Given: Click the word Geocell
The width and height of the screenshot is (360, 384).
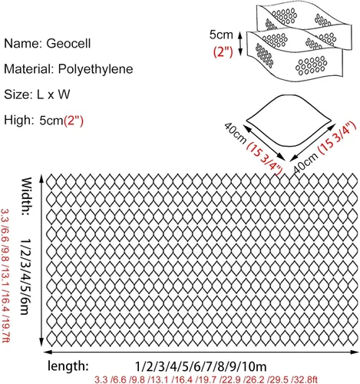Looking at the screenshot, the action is (68, 43).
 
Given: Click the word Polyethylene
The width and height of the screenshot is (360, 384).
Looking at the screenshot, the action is (96, 69).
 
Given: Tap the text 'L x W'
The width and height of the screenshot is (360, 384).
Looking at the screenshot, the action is (53, 94).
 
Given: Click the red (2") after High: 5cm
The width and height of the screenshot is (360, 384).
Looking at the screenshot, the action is (74, 121).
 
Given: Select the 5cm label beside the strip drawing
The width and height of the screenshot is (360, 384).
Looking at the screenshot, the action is (221, 35).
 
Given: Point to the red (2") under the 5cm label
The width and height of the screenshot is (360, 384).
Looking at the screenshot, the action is (223, 52).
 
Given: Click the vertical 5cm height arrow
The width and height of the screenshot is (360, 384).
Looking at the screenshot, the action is (240, 43).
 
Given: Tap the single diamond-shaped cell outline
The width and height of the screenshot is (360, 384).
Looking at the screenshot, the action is (289, 121).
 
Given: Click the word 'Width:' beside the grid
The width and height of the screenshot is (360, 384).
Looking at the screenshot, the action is (27, 196).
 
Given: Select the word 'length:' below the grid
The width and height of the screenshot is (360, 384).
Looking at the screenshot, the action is (68, 366).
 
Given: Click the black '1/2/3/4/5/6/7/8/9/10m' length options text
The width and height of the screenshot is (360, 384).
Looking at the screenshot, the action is (200, 366).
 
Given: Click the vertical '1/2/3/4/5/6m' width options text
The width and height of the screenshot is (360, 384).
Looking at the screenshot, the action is (26, 276).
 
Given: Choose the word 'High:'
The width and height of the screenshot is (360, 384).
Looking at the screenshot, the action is (18, 120).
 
